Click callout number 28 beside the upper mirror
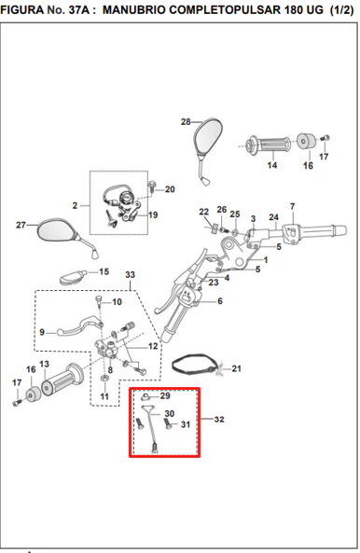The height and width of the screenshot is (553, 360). pos(186,121)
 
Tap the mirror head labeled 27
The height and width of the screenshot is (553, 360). pos(56,229)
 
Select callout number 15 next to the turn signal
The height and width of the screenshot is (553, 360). pos(104,271)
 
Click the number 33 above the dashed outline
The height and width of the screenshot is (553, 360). pos(131,274)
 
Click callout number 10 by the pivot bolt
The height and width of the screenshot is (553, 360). pos(118,302)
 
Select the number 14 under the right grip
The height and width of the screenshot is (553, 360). pos(272,165)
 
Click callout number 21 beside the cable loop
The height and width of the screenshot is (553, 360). pos(237,368)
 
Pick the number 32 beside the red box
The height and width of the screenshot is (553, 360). pos(219,419)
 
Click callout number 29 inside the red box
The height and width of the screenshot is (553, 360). pos(165,395)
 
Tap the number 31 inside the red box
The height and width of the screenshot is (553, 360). pos(186,424)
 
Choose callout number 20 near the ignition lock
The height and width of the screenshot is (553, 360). pos(170,189)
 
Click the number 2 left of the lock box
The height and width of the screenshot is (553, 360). pos(75,205)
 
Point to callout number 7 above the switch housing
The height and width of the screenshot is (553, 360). pos(292,206)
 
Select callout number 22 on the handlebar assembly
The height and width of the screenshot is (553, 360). pos(204,212)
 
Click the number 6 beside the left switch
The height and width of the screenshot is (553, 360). pos(220,301)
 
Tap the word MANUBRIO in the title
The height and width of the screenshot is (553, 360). pos(134,10)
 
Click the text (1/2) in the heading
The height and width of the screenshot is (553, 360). pos(341,10)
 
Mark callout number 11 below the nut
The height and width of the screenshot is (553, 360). pos(104,396)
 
